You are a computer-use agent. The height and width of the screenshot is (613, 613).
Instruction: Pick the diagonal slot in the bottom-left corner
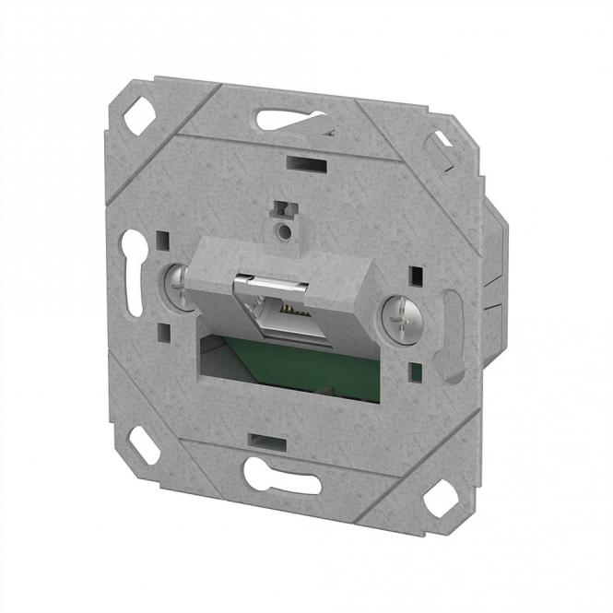pyautogui.click(x=143, y=445)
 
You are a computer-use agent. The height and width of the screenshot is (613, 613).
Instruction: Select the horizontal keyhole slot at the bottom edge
pyautogui.click(x=280, y=476)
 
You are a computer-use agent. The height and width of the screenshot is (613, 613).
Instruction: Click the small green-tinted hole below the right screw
pyautogui.click(x=415, y=373)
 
